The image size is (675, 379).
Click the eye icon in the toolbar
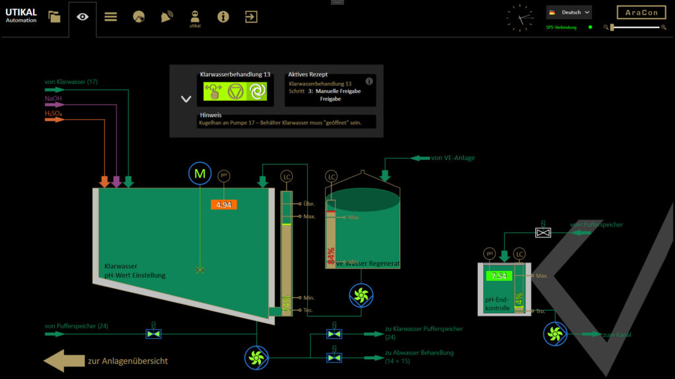(82, 16)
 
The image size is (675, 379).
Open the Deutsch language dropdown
(569, 12)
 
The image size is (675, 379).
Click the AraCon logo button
(641, 13)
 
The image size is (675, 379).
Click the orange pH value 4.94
(223, 205)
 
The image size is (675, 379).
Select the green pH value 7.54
(499, 276)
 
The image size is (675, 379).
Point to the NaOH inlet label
(53, 99)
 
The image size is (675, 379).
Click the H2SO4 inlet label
(53, 113)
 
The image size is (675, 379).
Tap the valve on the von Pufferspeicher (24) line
(153, 334)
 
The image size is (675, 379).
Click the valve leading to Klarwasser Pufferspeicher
(334, 334)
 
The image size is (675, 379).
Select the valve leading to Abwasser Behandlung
(334, 357)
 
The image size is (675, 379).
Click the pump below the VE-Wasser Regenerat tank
(361, 295)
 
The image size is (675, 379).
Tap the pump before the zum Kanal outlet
(555, 334)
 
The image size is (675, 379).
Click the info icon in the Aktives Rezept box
(369, 82)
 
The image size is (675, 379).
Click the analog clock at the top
(519, 17)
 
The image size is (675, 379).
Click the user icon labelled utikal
(194, 16)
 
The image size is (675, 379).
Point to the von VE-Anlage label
(453, 158)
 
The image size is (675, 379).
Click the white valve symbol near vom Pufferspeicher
(543, 233)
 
